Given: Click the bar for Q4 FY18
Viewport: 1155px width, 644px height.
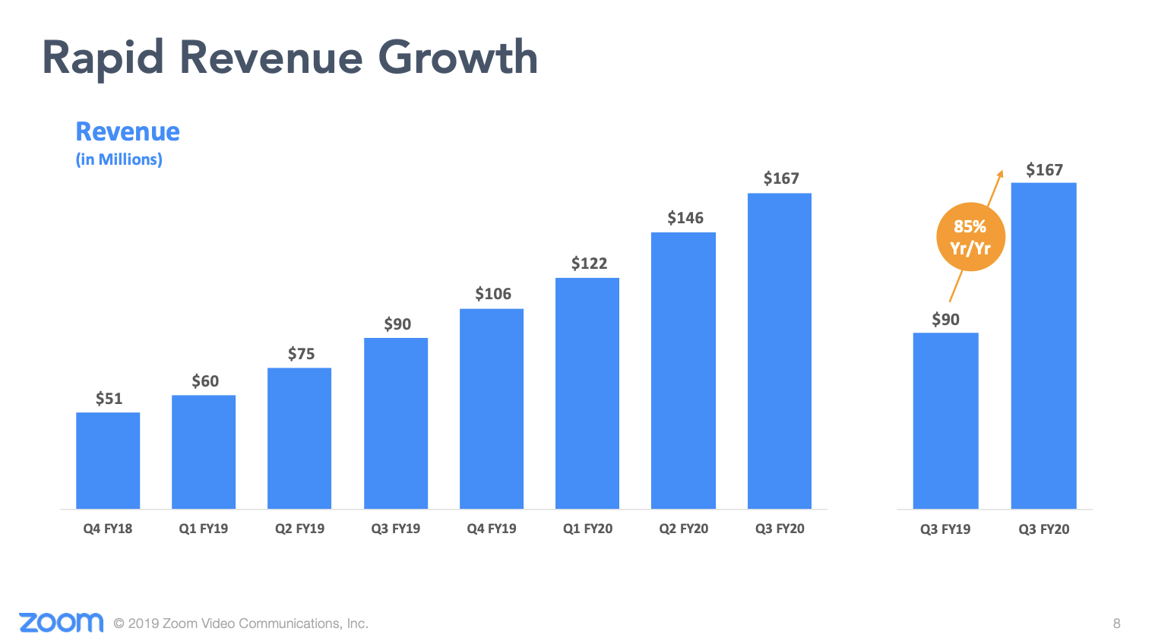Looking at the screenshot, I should [x=108, y=460].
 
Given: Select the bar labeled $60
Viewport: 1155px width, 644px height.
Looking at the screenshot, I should [x=204, y=452].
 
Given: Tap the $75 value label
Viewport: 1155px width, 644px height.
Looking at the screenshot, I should [x=301, y=354].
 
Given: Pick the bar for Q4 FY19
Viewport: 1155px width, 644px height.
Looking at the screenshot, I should [x=492, y=409].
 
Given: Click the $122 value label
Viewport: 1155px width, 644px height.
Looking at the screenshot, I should [x=589, y=264].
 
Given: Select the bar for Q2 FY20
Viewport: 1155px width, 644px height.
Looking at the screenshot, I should [x=683, y=371].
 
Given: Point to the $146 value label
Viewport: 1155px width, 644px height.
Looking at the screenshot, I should [x=685, y=218].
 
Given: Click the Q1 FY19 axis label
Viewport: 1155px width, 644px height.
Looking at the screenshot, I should [x=204, y=529].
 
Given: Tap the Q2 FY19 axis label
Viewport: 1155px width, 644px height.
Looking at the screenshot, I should [x=299, y=529].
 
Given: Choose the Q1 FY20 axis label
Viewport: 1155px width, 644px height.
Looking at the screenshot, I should [x=587, y=529].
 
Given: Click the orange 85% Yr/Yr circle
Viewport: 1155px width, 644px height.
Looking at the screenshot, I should [x=970, y=238].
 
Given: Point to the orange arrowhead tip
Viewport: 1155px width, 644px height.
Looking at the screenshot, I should [x=1001, y=172].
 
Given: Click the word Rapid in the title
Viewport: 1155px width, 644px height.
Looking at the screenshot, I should [x=103, y=58].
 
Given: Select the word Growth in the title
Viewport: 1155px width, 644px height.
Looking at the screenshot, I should [x=457, y=58].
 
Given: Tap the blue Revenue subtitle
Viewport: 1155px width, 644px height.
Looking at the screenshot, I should [x=128, y=132].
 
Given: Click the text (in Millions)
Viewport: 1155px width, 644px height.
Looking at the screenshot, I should [x=119, y=159].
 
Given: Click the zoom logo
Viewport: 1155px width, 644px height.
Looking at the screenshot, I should [x=61, y=623].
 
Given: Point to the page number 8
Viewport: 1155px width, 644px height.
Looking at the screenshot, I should [x=1116, y=623].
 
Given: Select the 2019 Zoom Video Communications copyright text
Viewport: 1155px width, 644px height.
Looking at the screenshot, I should [x=241, y=623].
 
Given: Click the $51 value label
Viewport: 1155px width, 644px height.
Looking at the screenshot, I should [x=109, y=399].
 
